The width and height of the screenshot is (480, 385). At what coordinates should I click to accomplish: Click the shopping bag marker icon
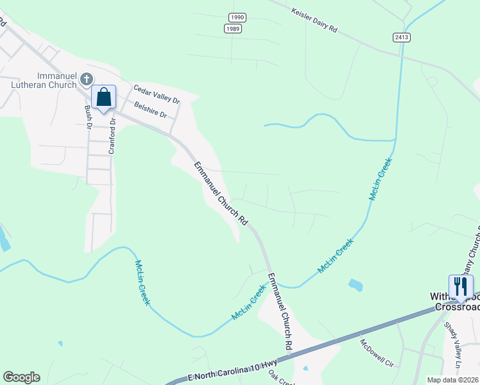point(103,98)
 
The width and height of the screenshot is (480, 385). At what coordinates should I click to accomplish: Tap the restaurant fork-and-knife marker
point(461,286)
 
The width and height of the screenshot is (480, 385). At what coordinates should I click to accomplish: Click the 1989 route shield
point(233,29)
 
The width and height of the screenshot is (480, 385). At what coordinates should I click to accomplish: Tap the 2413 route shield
point(402,38)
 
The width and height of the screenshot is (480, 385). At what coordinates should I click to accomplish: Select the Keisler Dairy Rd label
point(314,21)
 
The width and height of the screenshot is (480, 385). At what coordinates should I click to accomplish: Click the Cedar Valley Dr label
point(156,94)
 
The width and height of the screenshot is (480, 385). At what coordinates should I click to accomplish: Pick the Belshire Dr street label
point(150,109)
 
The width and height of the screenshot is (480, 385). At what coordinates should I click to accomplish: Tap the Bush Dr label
point(89,117)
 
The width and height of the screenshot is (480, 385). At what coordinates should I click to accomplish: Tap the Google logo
point(21,377)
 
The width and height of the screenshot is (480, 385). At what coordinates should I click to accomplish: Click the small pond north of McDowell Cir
point(356,284)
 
